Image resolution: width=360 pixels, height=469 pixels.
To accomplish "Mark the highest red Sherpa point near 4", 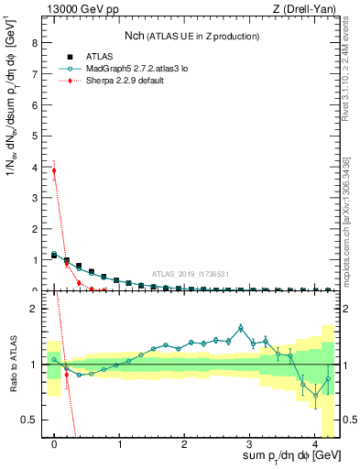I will [54, 170].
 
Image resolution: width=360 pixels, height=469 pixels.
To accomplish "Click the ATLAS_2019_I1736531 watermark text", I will [191, 274].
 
